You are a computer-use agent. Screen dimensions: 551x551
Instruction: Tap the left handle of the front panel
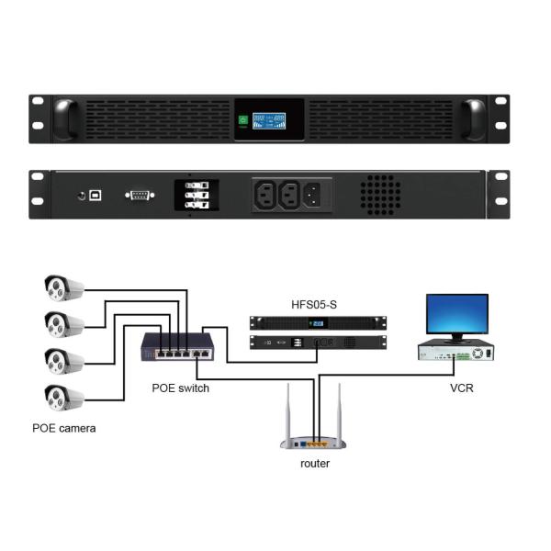[64, 119]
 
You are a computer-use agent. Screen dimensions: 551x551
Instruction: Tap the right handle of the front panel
[474, 119]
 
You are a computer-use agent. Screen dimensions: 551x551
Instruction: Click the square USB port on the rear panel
[96, 196]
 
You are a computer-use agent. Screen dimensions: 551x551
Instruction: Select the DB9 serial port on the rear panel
[140, 195]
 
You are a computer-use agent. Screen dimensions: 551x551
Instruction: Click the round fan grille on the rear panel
[379, 195]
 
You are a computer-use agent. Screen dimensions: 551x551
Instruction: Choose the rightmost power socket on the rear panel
[312, 195]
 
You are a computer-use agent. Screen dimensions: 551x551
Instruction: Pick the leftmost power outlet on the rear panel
[265, 195]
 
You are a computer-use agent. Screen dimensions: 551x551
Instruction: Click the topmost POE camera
[62, 288]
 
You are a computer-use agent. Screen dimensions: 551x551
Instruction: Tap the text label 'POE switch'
[180, 388]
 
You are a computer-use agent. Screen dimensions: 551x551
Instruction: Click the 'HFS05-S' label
[318, 304]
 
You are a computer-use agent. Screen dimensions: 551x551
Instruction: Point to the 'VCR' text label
[461, 388]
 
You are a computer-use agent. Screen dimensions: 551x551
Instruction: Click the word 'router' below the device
[315, 464]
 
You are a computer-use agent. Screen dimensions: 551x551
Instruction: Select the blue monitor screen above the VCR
[456, 314]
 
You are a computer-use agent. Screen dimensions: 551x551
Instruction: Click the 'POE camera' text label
[63, 428]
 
